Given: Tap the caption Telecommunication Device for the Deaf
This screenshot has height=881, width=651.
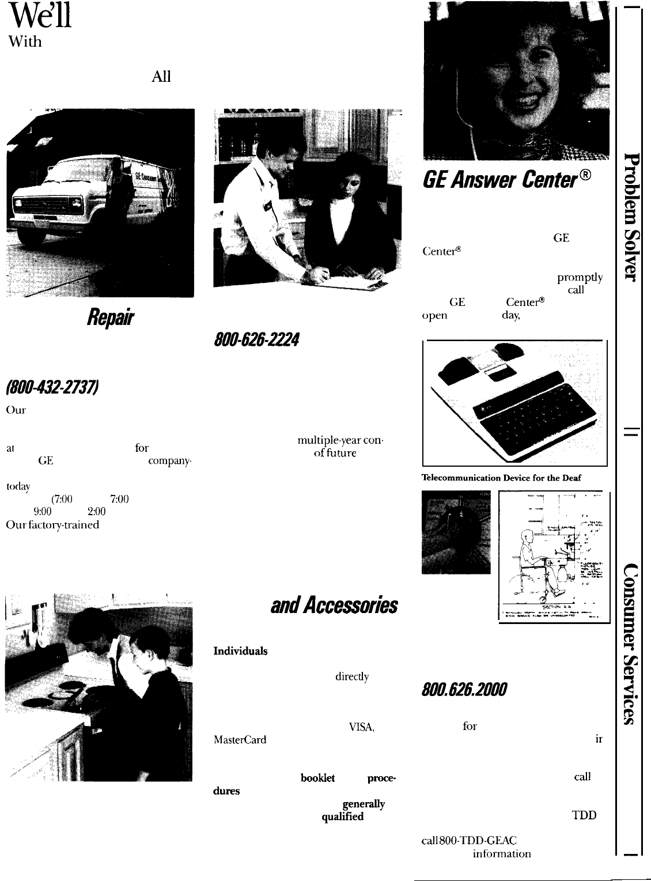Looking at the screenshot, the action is [x=501, y=478].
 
